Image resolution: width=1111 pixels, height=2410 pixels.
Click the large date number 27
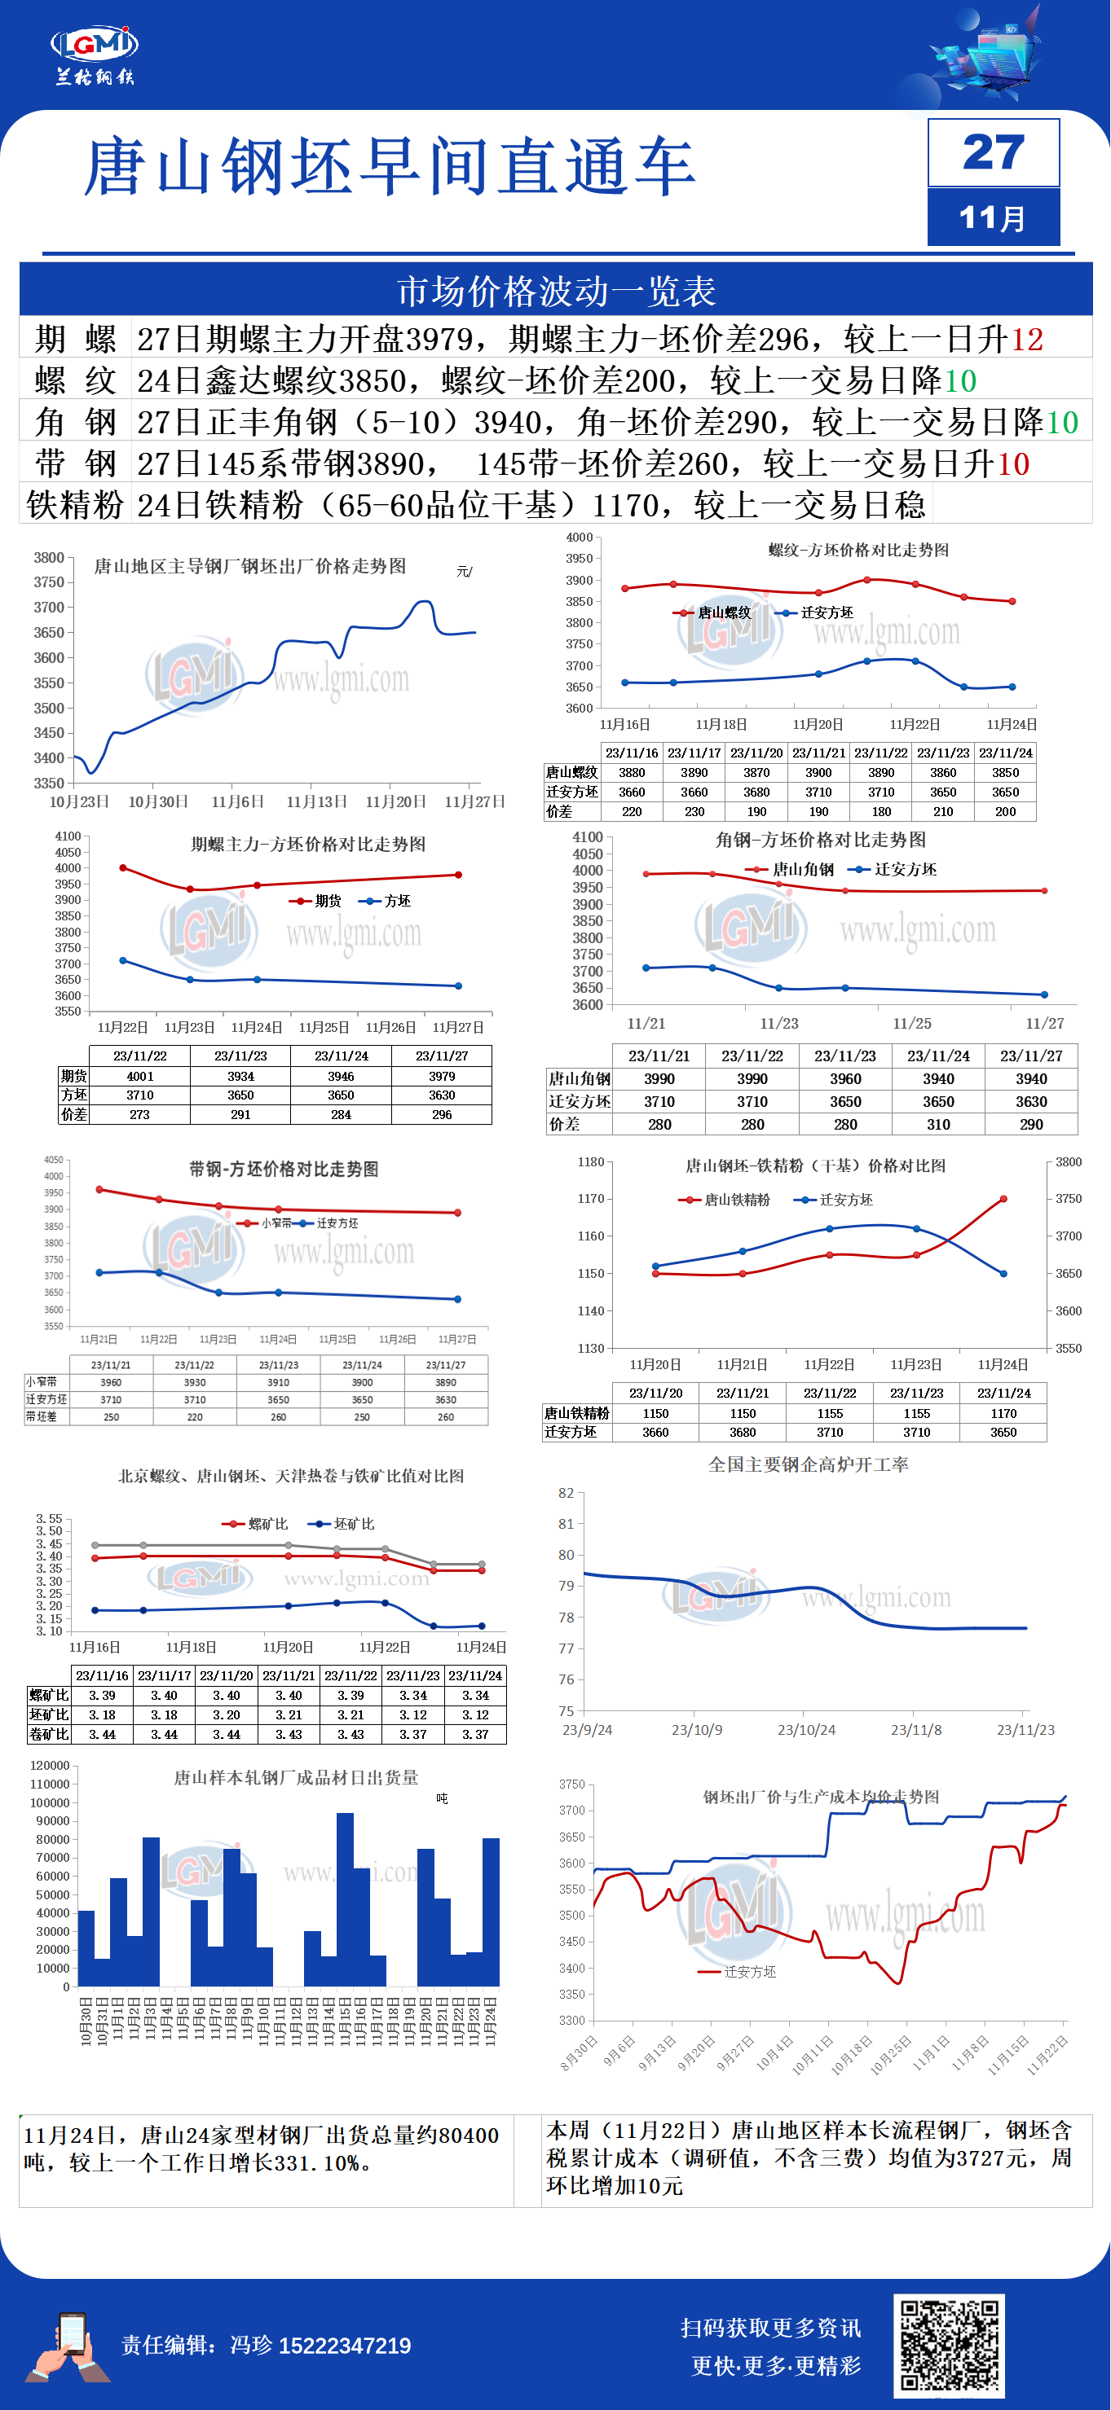click(993, 151)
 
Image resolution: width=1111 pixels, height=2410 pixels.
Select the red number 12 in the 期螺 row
click(1027, 339)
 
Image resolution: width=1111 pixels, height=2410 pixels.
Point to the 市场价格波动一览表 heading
click(556, 291)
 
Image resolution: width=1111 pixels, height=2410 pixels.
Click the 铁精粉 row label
click(75, 505)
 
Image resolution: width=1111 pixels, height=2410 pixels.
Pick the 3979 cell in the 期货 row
click(442, 1076)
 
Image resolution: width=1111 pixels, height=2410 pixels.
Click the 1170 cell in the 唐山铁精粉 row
click(1003, 1414)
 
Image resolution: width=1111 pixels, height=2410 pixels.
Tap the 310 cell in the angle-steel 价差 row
click(938, 1125)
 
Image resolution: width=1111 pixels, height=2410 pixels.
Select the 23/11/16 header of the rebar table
click(632, 753)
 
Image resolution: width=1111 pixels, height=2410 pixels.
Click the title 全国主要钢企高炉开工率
click(808, 1464)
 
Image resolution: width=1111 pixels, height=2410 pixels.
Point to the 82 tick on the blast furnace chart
click(567, 1493)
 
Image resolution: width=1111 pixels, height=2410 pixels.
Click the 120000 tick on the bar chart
click(50, 1766)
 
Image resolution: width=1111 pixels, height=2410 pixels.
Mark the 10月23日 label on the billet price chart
click(80, 801)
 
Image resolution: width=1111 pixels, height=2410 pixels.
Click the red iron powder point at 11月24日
click(1003, 1198)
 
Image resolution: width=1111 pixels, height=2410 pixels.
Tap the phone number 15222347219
click(345, 2346)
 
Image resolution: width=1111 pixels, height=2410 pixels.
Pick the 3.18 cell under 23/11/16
click(102, 1715)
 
